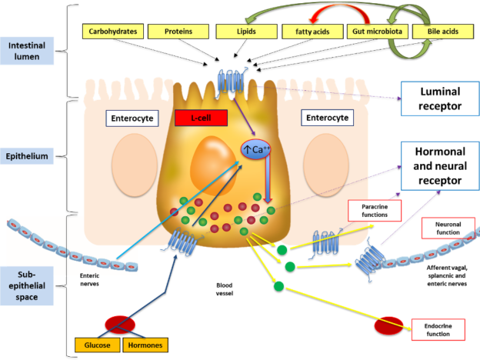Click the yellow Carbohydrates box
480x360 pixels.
click(x=113, y=32)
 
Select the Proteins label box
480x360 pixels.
click(x=178, y=32)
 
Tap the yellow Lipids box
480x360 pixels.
click(x=246, y=32)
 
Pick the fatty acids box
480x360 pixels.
click(x=312, y=32)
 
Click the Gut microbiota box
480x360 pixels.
click(x=378, y=32)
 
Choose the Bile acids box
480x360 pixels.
click(x=443, y=32)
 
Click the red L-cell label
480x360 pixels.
click(x=201, y=118)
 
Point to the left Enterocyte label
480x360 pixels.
click(x=132, y=118)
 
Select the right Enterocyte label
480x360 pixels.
click(x=327, y=118)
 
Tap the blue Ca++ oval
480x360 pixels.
click(x=256, y=150)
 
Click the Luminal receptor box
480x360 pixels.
click(x=440, y=98)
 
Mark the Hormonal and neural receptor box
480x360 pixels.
click(x=440, y=166)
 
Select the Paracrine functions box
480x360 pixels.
click(x=375, y=211)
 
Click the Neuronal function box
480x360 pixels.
click(x=448, y=228)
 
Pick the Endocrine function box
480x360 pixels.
click(x=438, y=330)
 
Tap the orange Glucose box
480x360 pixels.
click(x=98, y=345)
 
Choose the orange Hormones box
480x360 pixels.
click(x=145, y=345)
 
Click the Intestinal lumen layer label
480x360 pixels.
click(x=27, y=51)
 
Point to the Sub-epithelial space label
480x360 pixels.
click(x=27, y=285)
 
